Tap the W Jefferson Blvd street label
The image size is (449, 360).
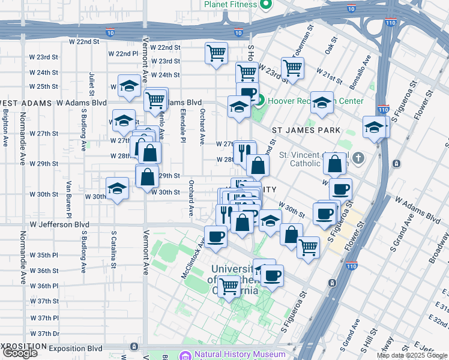[59, 224]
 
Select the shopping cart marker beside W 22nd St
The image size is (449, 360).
[216, 53]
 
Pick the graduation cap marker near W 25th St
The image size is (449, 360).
[129, 87]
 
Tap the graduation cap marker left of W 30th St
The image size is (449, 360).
[118, 190]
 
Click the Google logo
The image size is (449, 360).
[20, 353]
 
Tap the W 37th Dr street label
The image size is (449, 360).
[45, 334]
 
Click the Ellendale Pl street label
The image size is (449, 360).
[182, 127]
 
